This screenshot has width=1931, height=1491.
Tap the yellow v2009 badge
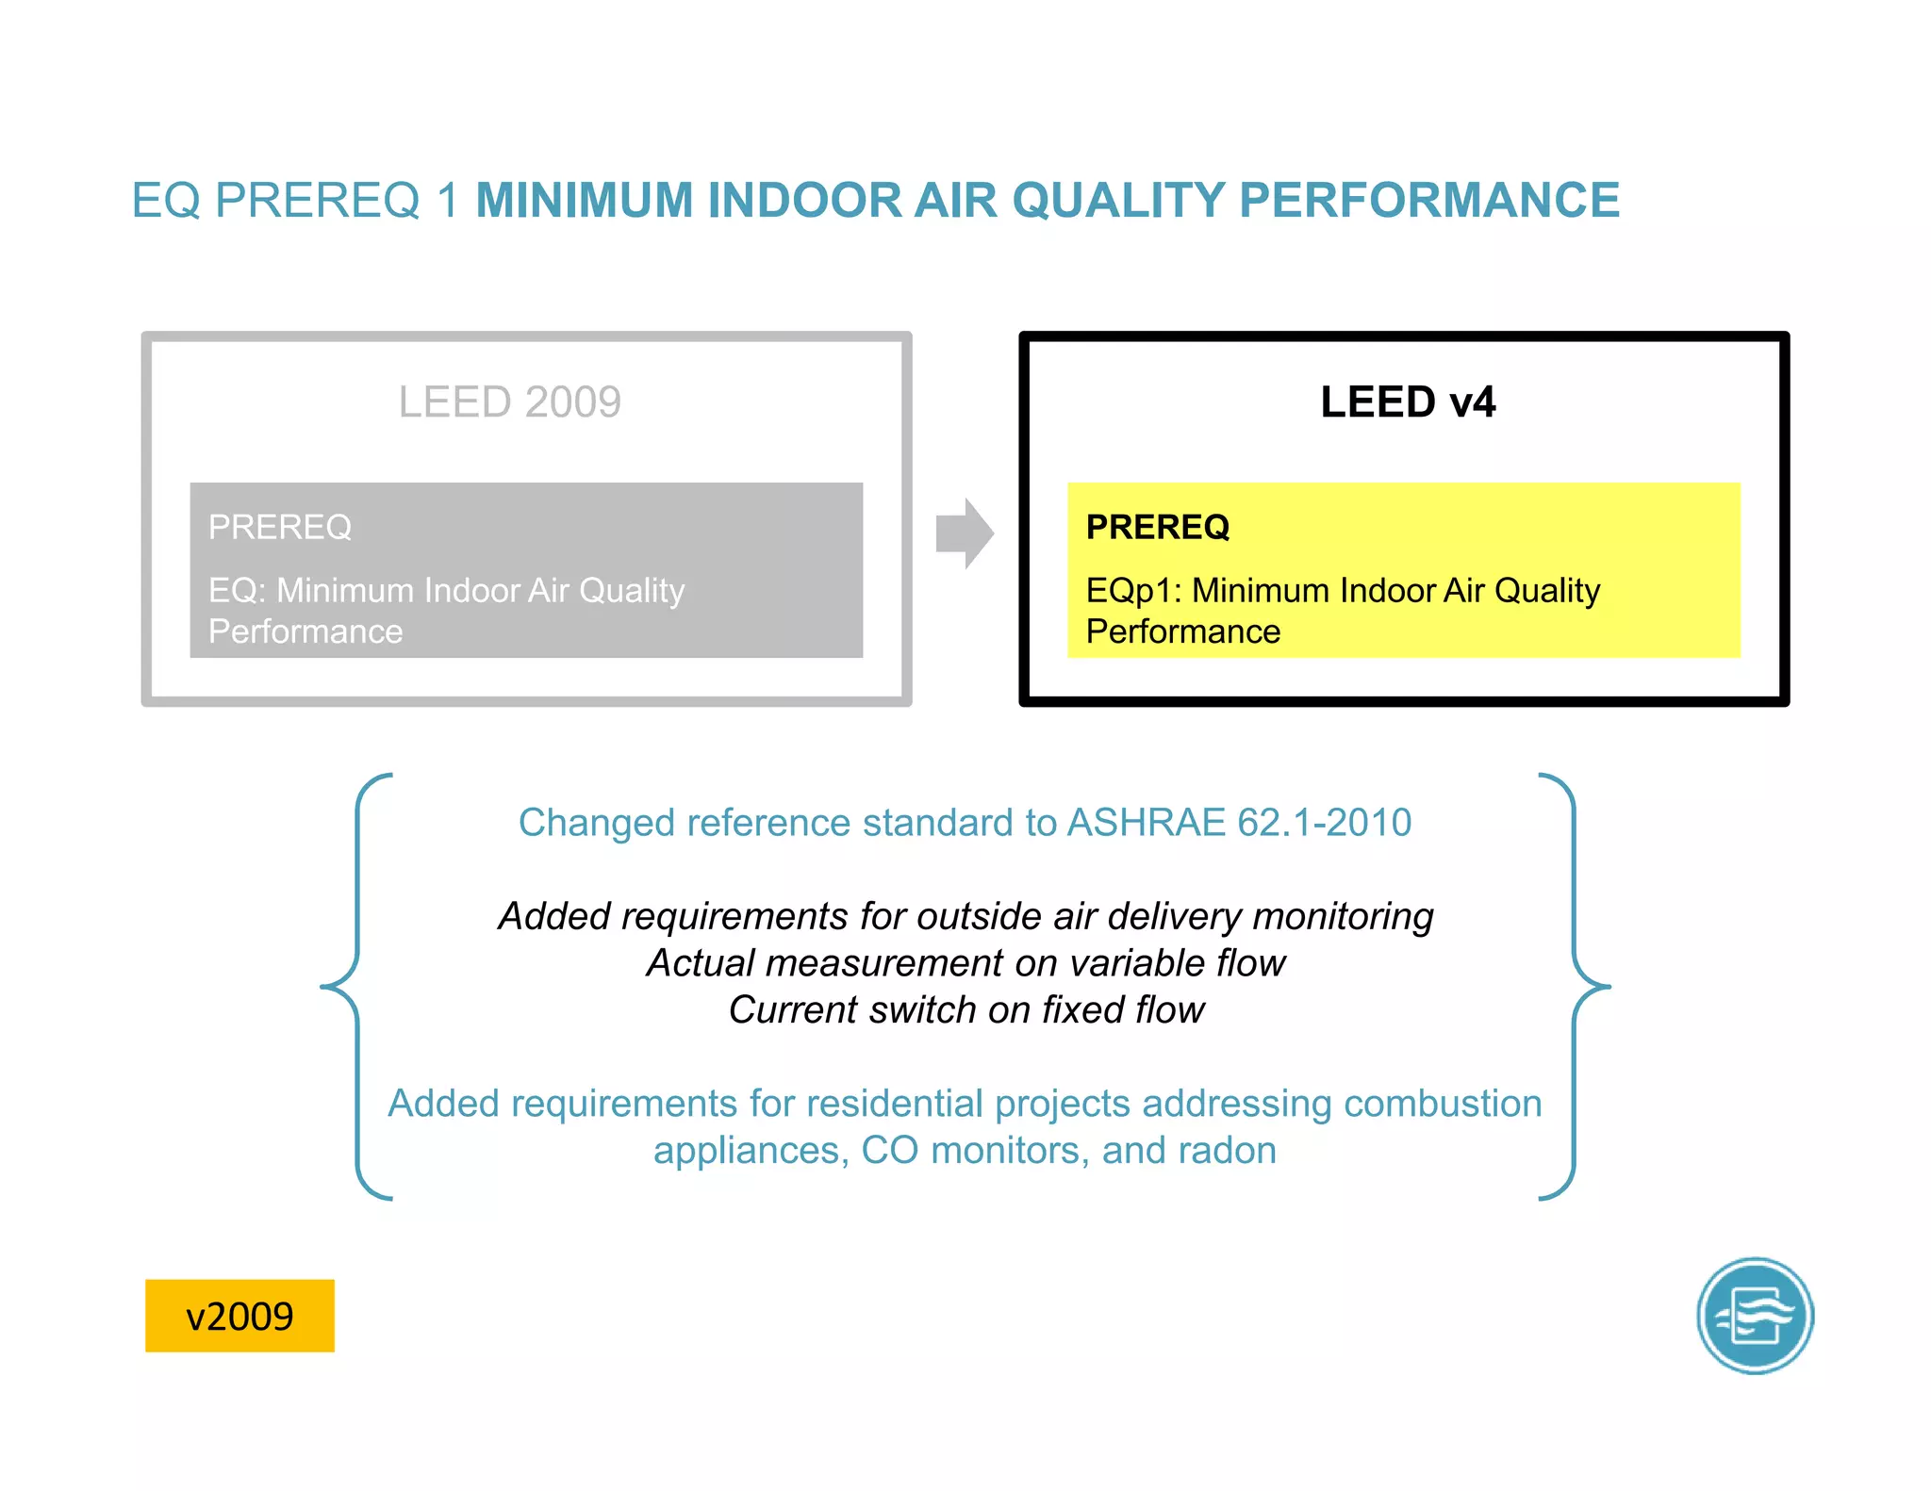[239, 1316]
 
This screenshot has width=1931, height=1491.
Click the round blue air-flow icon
[1755, 1316]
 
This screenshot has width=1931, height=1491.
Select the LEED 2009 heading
[509, 402]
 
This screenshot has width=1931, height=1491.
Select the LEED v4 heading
[1407, 402]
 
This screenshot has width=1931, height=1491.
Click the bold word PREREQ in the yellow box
[1157, 527]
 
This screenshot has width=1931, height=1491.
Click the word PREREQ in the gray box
[279, 527]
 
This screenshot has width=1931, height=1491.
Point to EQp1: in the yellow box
[1133, 591]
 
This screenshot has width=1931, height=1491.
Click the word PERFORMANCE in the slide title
[1428, 201]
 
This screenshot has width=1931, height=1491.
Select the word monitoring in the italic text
[1343, 916]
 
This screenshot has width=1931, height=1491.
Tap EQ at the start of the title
[166, 201]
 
